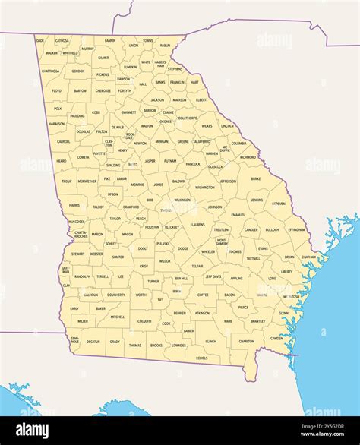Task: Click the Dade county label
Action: (x=40, y=40)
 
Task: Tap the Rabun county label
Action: (x=166, y=46)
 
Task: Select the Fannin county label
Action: (x=110, y=40)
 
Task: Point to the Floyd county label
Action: (x=57, y=90)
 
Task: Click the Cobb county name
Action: (x=96, y=112)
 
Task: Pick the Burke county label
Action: (x=255, y=179)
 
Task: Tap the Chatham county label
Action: (x=308, y=257)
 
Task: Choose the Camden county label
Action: (x=276, y=338)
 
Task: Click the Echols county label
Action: (x=201, y=358)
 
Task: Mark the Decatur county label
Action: (x=93, y=342)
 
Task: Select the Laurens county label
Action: (x=197, y=224)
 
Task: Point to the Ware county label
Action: (x=228, y=321)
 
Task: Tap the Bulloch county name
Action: (x=272, y=229)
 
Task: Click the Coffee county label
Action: (x=203, y=295)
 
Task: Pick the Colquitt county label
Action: (x=144, y=321)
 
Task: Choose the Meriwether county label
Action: (x=87, y=181)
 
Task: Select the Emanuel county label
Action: (x=238, y=215)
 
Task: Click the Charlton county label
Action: (x=247, y=342)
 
